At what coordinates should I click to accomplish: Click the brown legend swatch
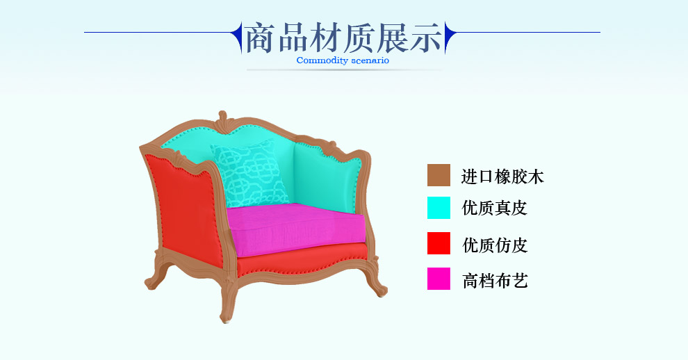439,175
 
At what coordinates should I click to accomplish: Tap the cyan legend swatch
439,208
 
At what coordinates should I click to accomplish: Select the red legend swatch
439,243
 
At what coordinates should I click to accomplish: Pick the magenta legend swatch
439,279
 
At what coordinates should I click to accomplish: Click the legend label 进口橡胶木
502,177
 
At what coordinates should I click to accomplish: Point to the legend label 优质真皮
495,208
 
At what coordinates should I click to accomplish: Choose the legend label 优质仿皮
495,245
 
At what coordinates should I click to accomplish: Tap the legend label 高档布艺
495,281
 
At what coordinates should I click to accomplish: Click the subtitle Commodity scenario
343,60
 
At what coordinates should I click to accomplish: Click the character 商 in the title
259,38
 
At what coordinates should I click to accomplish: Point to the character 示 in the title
426,38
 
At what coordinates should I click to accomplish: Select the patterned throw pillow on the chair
250,174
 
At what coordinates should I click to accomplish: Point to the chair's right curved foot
376,281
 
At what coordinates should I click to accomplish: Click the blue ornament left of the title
237,37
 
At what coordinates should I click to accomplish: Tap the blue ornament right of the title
450,37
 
